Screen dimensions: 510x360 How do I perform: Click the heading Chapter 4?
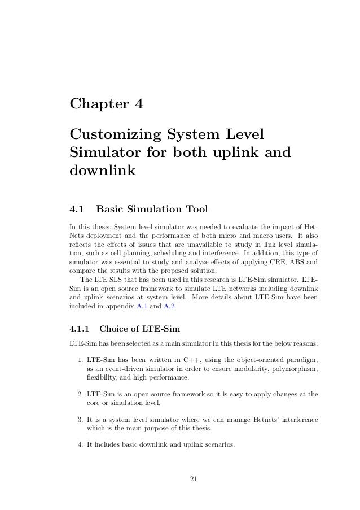pyautogui.click(x=106, y=105)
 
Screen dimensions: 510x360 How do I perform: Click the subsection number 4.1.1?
pyautogui.click(x=78, y=328)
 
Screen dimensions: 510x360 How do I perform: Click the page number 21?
pyautogui.click(x=193, y=480)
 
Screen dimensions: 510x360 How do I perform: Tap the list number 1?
pyautogui.click(x=81, y=360)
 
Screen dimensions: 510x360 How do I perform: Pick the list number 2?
pyautogui.click(x=81, y=394)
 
